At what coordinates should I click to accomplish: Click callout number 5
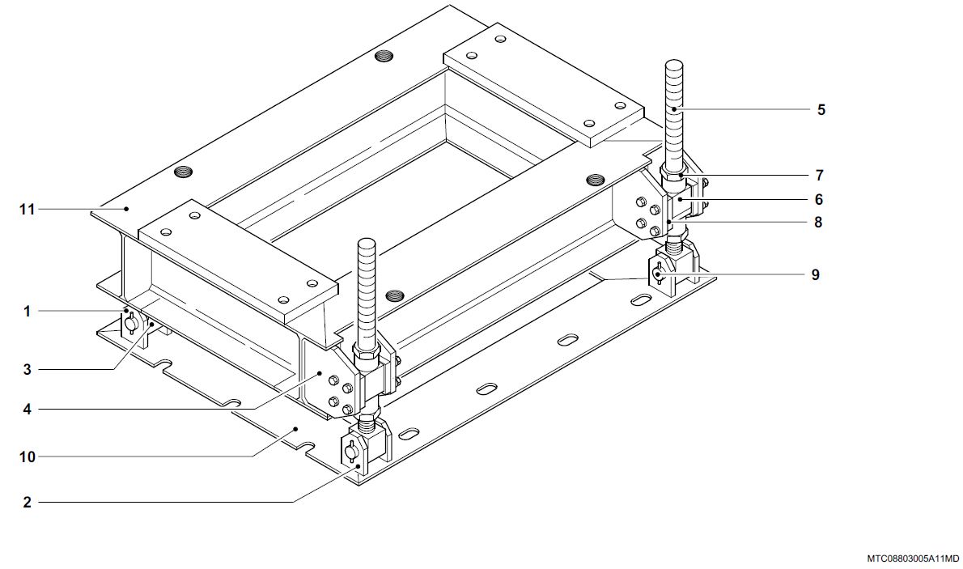tap(821, 110)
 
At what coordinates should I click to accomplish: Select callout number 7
tap(819, 176)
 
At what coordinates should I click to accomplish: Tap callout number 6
tap(819, 200)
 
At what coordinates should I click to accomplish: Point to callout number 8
tap(818, 223)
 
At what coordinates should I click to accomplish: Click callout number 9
tap(816, 274)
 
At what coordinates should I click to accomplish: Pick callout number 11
tap(27, 210)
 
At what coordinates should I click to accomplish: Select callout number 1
tap(27, 312)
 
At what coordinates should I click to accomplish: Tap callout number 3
tap(27, 370)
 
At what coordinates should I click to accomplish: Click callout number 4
tap(27, 410)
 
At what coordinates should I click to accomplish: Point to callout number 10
tap(28, 457)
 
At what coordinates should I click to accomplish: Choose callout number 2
tap(27, 503)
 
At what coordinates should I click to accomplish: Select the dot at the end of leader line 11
tap(127, 209)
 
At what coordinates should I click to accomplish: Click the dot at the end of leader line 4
tap(319, 373)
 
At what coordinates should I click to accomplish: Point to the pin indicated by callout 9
tap(657, 273)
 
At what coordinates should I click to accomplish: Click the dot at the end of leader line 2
tap(358, 466)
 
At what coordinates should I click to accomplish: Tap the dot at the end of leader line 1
tap(127, 312)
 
